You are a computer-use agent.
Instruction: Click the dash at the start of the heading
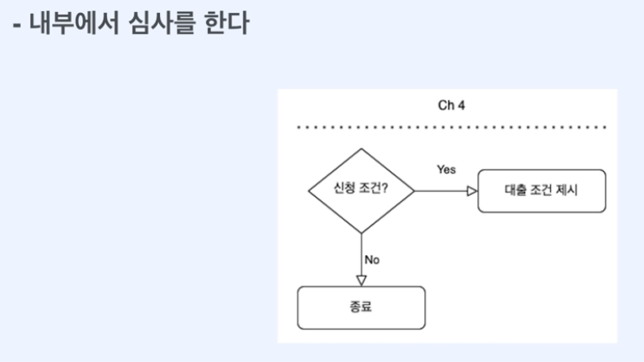pyautogui.click(x=17, y=24)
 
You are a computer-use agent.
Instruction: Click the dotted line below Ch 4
pyautogui.click(x=451, y=127)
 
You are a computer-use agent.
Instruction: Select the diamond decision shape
pyautogui.click(x=360, y=191)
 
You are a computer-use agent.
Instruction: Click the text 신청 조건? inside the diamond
pyautogui.click(x=360, y=191)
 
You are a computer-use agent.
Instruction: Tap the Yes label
pyautogui.click(x=446, y=169)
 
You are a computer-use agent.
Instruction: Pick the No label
pyautogui.click(x=372, y=258)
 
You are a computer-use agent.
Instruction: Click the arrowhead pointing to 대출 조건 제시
pyautogui.click(x=471, y=191)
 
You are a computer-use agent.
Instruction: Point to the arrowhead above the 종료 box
pyautogui.click(x=361, y=280)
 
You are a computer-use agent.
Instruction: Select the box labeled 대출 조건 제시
pyautogui.click(x=541, y=191)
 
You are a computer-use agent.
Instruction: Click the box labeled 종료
pyautogui.click(x=361, y=307)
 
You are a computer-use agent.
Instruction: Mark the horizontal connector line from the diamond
pyautogui.click(x=440, y=191)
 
